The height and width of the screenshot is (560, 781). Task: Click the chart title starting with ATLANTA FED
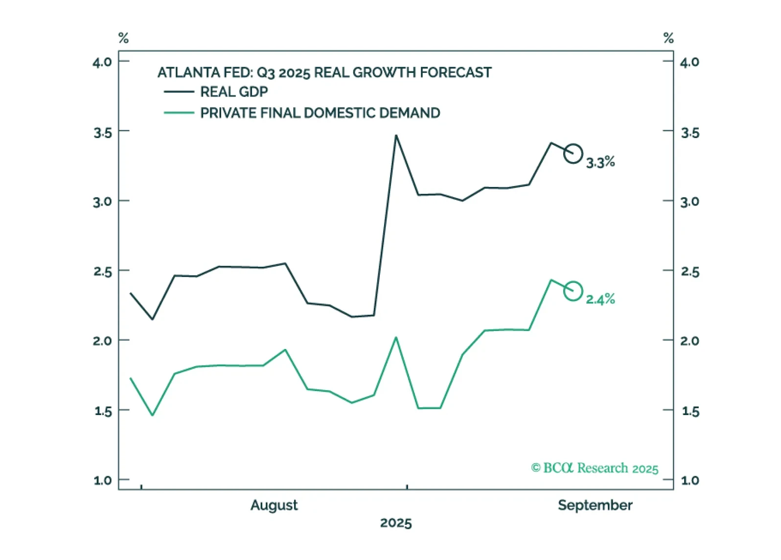pyautogui.click(x=324, y=72)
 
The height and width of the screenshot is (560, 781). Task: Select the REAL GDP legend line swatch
pyautogui.click(x=179, y=92)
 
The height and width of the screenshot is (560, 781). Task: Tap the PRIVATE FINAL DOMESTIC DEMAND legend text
pyautogui.click(x=320, y=113)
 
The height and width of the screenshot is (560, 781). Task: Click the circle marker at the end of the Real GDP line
pyautogui.click(x=573, y=154)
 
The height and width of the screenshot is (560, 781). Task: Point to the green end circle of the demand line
pyautogui.click(x=573, y=291)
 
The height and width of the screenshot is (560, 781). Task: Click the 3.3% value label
pyautogui.click(x=600, y=162)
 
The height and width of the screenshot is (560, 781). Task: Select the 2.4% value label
pyautogui.click(x=600, y=299)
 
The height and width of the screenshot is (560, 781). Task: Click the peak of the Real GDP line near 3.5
pyautogui.click(x=396, y=136)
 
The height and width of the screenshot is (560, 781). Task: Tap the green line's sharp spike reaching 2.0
pyautogui.click(x=396, y=338)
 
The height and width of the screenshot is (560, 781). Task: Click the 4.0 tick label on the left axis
pyautogui.click(x=102, y=62)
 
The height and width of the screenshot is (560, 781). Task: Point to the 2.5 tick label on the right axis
pyautogui.click(x=690, y=272)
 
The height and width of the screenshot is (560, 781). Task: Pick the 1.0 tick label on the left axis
pyautogui.click(x=103, y=480)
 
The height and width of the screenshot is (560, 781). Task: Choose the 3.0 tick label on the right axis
pyautogui.click(x=690, y=202)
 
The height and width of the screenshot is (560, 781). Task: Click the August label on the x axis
pyautogui.click(x=274, y=505)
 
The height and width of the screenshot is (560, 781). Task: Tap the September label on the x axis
pyautogui.click(x=595, y=505)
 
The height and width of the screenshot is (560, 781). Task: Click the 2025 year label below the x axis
pyautogui.click(x=396, y=523)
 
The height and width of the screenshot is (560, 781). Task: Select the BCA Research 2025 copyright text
pyautogui.click(x=595, y=468)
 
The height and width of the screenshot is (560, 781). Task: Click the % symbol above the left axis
pyautogui.click(x=123, y=38)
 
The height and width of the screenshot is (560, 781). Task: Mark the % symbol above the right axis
pyautogui.click(x=668, y=38)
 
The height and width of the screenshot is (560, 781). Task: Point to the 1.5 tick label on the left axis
pyautogui.click(x=103, y=411)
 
